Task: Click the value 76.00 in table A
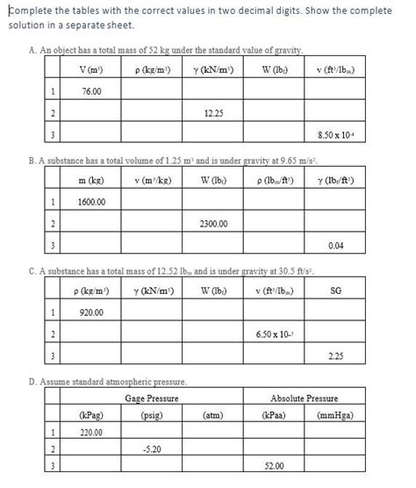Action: (x=90, y=91)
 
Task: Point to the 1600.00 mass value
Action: (x=91, y=202)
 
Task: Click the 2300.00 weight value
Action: (x=213, y=224)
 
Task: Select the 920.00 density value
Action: (x=91, y=312)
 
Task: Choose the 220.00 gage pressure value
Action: (x=90, y=433)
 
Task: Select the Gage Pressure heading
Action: (x=152, y=398)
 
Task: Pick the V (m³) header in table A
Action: (x=91, y=69)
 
